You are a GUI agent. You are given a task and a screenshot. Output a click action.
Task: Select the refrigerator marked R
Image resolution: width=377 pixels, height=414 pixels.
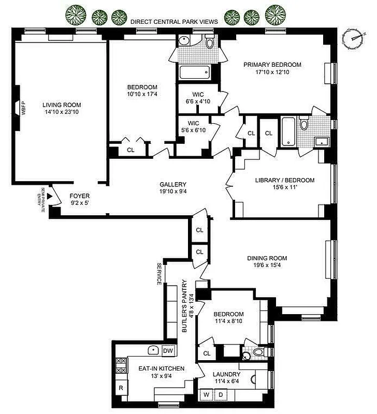coord(120,387)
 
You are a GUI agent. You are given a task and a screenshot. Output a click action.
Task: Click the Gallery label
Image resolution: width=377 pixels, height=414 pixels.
coord(173,185)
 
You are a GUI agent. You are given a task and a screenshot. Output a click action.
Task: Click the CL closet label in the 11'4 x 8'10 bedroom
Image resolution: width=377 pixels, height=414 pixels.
coord(207,353)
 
